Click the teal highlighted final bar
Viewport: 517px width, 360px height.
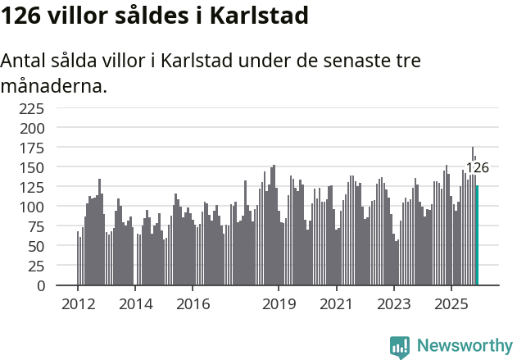(x=477, y=235)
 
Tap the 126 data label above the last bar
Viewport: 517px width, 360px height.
(x=477, y=168)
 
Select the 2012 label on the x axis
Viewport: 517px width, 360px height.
(x=78, y=304)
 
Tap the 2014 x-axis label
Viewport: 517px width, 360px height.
(x=135, y=304)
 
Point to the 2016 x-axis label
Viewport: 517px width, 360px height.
(x=193, y=304)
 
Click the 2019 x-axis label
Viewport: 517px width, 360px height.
(x=279, y=304)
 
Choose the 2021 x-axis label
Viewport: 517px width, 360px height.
(x=336, y=304)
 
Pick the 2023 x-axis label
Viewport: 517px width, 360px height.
(x=393, y=304)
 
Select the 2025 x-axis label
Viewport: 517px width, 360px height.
(x=451, y=304)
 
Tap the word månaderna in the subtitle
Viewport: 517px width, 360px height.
(x=54, y=85)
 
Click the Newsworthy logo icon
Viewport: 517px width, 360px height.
(x=400, y=347)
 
